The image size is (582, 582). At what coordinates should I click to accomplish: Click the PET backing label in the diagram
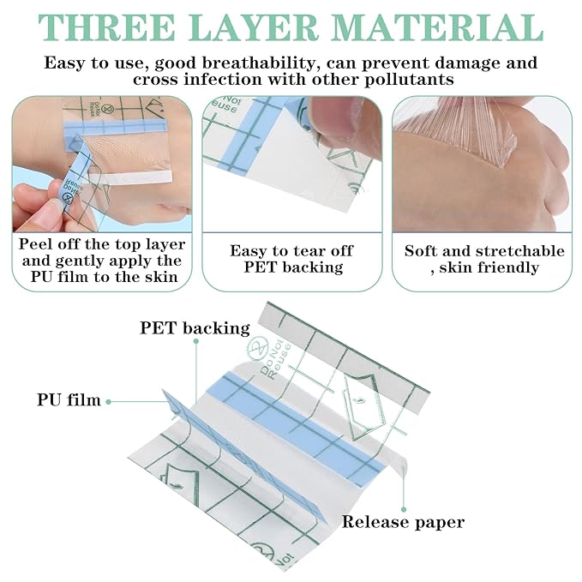[195, 327]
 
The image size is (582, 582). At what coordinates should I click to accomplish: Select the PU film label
[69, 399]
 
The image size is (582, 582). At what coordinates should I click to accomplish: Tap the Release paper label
[403, 521]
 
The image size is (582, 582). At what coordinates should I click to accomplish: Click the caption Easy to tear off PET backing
[291, 259]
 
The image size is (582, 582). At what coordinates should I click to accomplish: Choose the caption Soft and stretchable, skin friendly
[484, 259]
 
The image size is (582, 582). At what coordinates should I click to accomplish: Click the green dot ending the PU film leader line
[164, 399]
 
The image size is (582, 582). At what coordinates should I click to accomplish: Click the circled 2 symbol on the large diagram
[255, 347]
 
